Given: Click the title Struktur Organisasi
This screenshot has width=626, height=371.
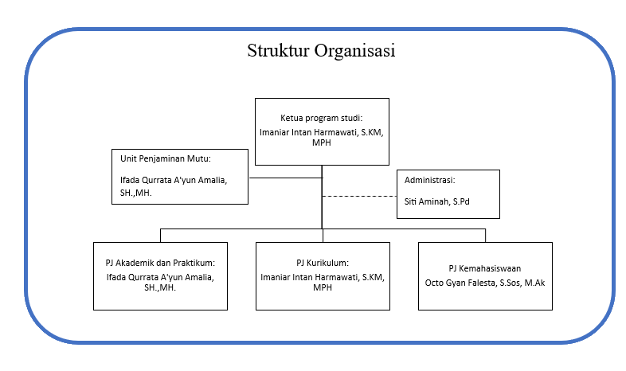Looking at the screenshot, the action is pyautogui.click(x=321, y=51).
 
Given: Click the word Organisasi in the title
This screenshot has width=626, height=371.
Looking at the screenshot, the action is pyautogui.click(x=354, y=51).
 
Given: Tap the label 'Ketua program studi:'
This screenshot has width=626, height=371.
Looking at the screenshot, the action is pyautogui.click(x=322, y=118).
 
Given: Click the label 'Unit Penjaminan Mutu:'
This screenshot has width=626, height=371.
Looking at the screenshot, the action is pyautogui.click(x=166, y=158).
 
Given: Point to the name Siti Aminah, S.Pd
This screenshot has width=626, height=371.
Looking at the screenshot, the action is pyautogui.click(x=436, y=201).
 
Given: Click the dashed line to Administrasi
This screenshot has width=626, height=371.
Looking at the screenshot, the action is pyautogui.click(x=359, y=197).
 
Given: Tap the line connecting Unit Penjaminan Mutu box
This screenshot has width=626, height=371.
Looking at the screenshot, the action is pyautogui.click(x=285, y=178).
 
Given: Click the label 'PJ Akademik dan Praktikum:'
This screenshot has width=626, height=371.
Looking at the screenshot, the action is pyautogui.click(x=160, y=263).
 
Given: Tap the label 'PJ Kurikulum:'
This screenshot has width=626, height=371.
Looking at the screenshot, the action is pyautogui.click(x=323, y=263).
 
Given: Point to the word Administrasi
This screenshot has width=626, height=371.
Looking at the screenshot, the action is pyautogui.click(x=429, y=180).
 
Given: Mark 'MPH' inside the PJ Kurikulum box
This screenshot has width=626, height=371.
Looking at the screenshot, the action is pyautogui.click(x=323, y=287).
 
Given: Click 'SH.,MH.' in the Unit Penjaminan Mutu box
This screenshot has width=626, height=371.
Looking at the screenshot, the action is pyautogui.click(x=135, y=193).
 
